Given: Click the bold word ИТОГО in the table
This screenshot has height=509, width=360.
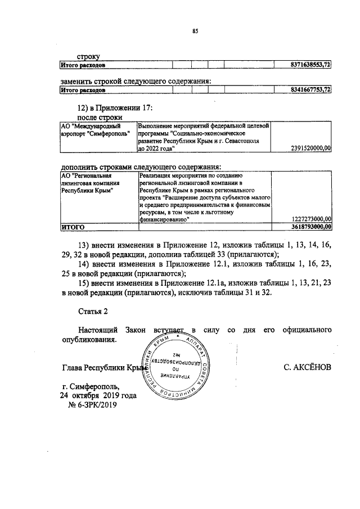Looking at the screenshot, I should [x=73, y=226].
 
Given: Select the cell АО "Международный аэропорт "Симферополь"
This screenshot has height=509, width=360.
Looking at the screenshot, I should [x=94, y=130].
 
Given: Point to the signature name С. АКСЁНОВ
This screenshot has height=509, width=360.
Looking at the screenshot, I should [x=308, y=367].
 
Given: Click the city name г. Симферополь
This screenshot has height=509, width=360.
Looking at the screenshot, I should [x=91, y=386].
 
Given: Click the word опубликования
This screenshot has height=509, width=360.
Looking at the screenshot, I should [x=89, y=340].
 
